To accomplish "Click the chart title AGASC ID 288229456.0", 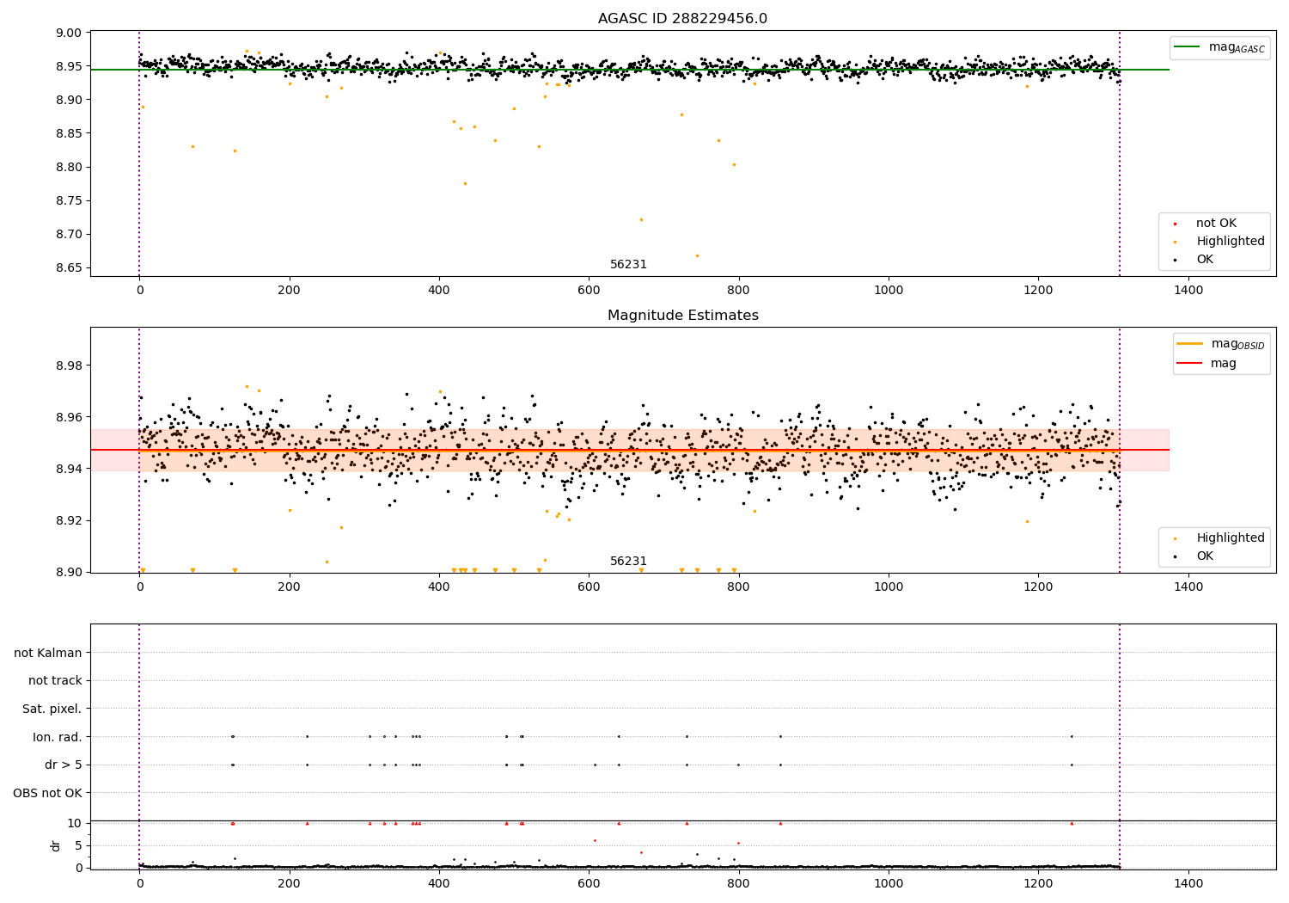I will (682, 19).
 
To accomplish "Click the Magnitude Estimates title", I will (682, 316).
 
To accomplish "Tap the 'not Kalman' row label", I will (48, 653).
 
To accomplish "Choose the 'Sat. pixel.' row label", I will (52, 709).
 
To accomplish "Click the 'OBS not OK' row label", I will (47, 792).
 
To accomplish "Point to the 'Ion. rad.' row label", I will (58, 737).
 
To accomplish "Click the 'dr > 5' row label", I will (64, 765).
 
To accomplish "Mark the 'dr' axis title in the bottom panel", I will (56, 845).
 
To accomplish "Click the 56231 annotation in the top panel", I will (628, 264).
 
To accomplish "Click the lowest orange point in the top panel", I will (697, 255).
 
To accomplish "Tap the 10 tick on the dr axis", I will (75, 823).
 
